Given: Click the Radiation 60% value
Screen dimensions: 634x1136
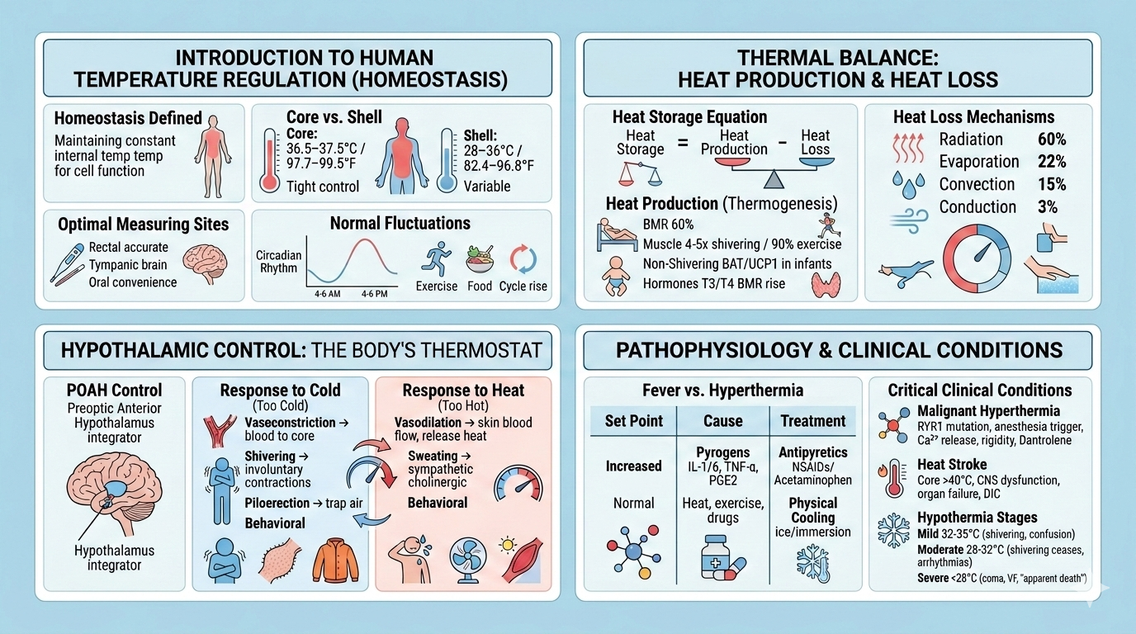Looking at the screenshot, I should click(x=1052, y=140).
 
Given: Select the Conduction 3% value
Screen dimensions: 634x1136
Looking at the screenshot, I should click(x=1048, y=207).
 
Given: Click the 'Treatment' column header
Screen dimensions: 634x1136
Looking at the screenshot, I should click(x=812, y=421).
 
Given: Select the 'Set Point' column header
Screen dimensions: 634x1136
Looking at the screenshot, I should click(x=633, y=421).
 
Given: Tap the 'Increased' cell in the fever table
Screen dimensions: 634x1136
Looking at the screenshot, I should click(x=633, y=466).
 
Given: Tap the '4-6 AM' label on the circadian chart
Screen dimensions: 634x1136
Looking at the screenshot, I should click(x=329, y=293).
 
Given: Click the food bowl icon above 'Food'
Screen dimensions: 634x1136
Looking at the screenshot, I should click(x=479, y=259).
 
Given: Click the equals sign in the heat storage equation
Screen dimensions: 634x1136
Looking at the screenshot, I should click(x=682, y=143).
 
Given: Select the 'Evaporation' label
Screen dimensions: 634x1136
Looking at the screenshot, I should click(x=979, y=162).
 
